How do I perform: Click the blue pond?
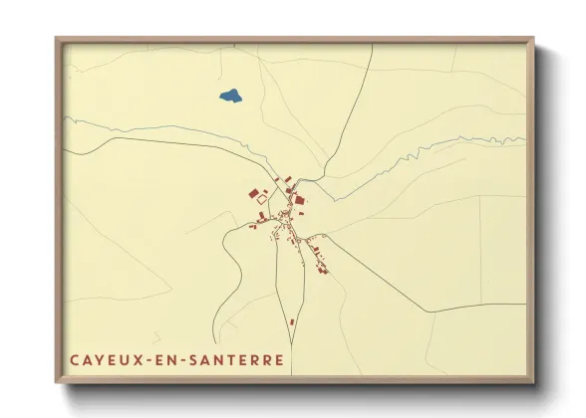click(x=230, y=97)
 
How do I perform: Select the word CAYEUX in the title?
click(x=104, y=359)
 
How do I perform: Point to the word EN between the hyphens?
click(x=160, y=359)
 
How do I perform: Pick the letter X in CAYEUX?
click(x=134, y=359)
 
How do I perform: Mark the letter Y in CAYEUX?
click(x=98, y=359)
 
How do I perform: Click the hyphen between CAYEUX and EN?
click(x=145, y=360)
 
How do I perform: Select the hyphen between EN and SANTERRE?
click(x=176, y=360)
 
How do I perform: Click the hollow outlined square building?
click(x=262, y=199)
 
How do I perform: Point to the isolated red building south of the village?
click(x=292, y=322)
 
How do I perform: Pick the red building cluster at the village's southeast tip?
click(x=321, y=269)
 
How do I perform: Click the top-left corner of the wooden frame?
click(x=56, y=39)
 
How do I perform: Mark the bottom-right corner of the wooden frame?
click(x=534, y=383)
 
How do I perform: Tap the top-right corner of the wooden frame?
click(x=534, y=39)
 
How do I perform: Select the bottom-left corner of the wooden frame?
click(x=56, y=383)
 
